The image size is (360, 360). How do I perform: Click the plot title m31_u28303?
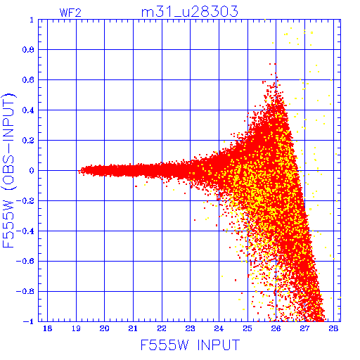(189, 12)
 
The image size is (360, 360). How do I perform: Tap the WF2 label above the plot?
(70, 13)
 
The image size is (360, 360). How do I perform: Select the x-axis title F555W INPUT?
(190, 345)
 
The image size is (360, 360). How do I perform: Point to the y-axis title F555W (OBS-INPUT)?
(8, 170)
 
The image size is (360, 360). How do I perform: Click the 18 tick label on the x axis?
(47, 328)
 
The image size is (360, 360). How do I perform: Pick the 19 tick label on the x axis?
(76, 328)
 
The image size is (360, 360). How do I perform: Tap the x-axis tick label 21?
(133, 328)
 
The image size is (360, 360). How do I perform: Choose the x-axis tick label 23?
(190, 328)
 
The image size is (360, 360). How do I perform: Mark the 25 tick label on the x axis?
(247, 328)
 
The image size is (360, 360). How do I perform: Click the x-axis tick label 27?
(304, 328)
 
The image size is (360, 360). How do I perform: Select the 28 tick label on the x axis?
(333, 328)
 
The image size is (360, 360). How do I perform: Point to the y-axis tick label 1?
(32, 20)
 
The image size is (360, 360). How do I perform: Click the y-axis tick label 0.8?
(28, 50)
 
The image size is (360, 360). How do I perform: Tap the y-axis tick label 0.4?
(28, 110)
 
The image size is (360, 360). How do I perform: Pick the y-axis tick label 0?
(32, 170)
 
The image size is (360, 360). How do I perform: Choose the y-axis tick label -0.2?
(25, 201)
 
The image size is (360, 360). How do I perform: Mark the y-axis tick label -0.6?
(25, 261)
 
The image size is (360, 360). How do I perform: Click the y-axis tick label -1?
(28, 321)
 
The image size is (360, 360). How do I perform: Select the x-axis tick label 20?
(104, 328)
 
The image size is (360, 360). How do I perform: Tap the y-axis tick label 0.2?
(28, 141)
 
